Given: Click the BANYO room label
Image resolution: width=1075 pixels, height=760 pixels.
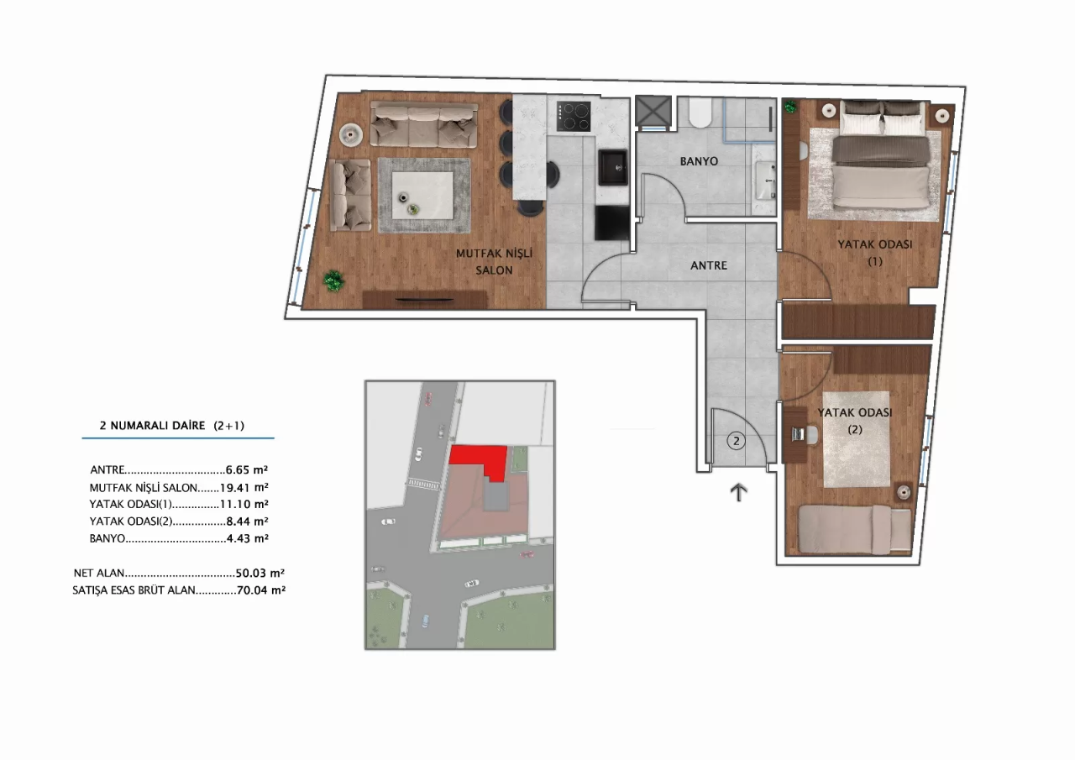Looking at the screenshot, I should [x=699, y=160].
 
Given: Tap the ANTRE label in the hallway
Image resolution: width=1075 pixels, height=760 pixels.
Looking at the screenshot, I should [x=708, y=265].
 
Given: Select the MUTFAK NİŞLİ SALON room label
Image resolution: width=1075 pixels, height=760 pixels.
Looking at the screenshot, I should [x=495, y=261].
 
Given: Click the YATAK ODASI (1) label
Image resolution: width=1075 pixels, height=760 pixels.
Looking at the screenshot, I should [x=874, y=252].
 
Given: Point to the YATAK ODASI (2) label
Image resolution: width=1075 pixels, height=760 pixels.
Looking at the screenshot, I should [x=854, y=420].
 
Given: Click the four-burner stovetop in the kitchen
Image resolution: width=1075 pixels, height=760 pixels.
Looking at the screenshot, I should [x=574, y=115].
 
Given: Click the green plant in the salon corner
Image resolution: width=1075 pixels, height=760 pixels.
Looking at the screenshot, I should [x=334, y=280].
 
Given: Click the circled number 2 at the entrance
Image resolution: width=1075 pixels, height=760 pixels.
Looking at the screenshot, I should [x=735, y=440].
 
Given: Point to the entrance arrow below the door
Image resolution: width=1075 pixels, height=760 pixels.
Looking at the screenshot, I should [x=739, y=492].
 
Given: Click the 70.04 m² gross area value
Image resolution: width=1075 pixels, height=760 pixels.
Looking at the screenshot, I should [x=260, y=590].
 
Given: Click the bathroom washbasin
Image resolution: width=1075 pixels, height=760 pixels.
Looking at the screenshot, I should [x=766, y=179].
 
